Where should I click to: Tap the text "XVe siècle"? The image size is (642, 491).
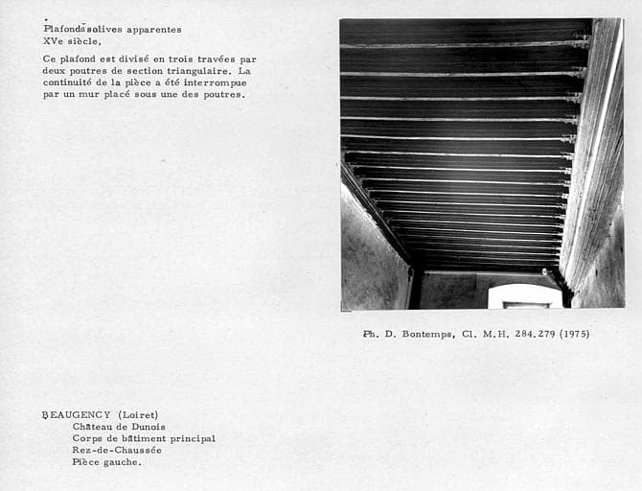72,41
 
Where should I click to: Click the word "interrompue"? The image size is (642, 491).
210,82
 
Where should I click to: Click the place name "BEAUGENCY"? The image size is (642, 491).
73,415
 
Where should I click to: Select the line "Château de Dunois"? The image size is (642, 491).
118,427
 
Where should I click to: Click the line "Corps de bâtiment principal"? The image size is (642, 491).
143,438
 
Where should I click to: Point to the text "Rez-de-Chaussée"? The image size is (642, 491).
116,450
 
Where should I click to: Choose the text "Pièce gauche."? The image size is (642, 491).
105,461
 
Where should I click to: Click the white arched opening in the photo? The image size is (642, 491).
525,296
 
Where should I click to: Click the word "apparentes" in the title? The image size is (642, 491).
144,29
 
